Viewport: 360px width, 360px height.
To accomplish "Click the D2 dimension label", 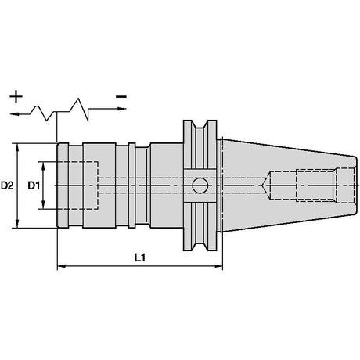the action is tap(7, 185).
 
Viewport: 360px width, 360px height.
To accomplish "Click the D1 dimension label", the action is tap(34, 185).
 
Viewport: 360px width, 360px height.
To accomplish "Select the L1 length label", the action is tap(140, 258).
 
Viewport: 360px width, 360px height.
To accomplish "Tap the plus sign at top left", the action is tap(16, 96).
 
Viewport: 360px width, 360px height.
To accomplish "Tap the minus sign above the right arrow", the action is tap(121, 97).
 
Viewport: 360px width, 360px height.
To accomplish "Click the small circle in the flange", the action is tap(200, 185).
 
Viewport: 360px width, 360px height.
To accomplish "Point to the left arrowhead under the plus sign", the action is tap(14, 114).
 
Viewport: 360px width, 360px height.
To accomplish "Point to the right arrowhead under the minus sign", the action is tap(122, 109).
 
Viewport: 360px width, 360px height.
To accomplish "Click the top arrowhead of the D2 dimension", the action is tap(17, 147).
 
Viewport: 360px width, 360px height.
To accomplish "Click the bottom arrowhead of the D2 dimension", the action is tap(17, 224).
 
